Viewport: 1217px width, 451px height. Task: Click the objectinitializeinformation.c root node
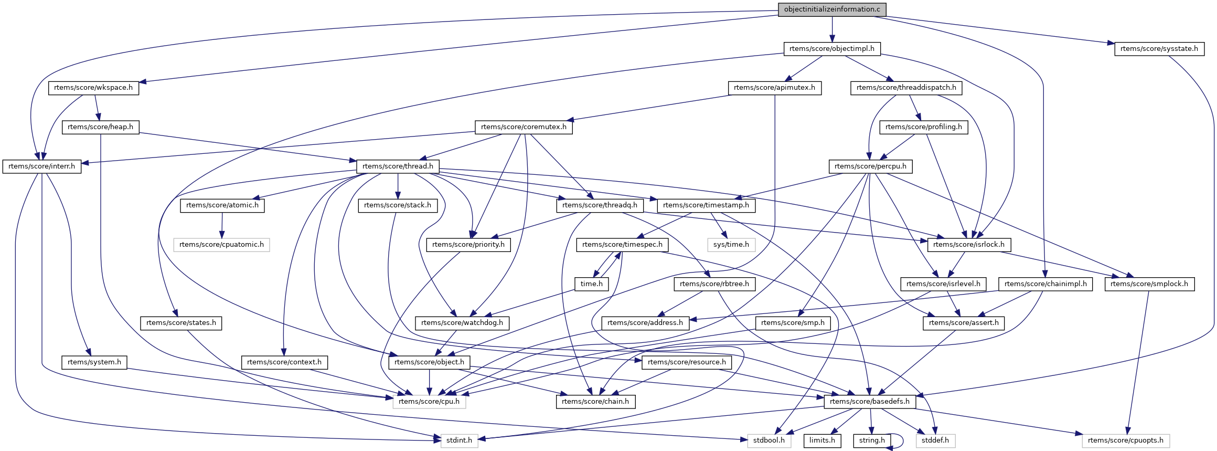coord(832,9)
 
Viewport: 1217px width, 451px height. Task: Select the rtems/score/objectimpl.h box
coord(832,49)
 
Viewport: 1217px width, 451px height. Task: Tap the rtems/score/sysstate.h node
coord(1159,49)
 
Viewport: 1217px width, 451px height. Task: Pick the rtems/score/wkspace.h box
coord(93,88)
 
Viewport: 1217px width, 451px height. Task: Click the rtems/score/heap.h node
coord(100,127)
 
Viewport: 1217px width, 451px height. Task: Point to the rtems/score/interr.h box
coord(42,166)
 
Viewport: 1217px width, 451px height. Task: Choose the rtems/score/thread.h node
coord(398,166)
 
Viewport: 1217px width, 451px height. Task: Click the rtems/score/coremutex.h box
coord(524,127)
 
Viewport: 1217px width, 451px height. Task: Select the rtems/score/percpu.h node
coord(870,166)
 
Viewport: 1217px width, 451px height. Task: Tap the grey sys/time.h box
coord(731,245)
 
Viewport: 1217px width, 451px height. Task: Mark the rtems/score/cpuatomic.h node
coord(221,245)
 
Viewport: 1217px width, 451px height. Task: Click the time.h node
coord(591,284)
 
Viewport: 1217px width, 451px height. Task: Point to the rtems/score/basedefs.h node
coord(870,402)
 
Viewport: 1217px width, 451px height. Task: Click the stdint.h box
coord(459,440)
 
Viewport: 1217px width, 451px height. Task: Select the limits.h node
coord(822,440)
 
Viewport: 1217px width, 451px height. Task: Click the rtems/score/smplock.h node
coord(1149,284)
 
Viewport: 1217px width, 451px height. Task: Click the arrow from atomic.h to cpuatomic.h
coord(222,225)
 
